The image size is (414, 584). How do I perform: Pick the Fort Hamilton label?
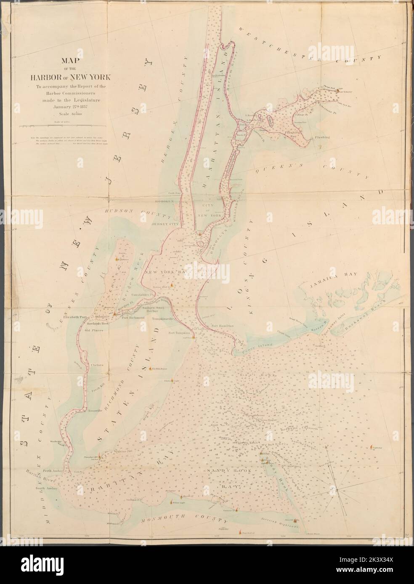pyautogui.click(x=222, y=326)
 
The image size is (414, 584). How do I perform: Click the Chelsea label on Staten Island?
pyautogui.click(x=97, y=366)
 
